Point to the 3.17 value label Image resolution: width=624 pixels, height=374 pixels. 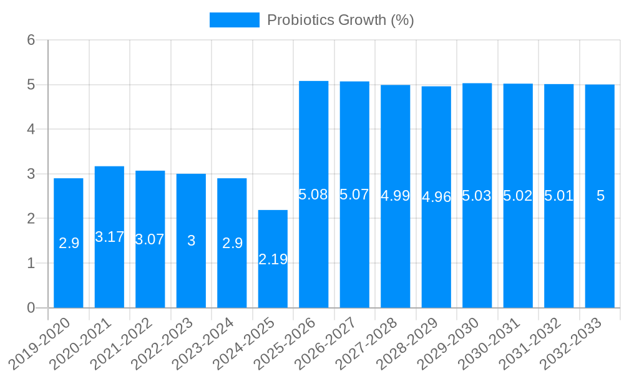click(x=109, y=237)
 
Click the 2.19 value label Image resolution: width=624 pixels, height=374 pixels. click(x=273, y=259)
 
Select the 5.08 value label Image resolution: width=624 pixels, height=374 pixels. click(x=314, y=194)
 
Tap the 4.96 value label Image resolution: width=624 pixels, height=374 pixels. click(x=436, y=197)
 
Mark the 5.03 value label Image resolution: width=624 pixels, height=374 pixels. click(x=477, y=196)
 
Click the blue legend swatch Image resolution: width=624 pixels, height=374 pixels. click(x=234, y=20)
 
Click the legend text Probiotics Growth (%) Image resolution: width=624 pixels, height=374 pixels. click(x=340, y=20)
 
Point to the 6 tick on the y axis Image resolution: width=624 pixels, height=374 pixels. click(x=31, y=40)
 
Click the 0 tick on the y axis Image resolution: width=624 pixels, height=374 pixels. click(x=31, y=308)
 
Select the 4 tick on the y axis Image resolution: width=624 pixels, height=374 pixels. click(x=31, y=129)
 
